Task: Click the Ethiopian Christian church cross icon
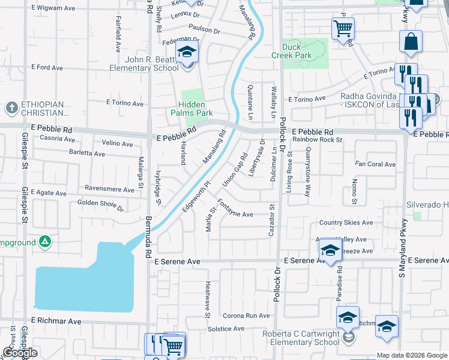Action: coord(11,107)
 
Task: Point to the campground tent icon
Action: coord(44,242)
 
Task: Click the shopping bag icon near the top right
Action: coord(412,43)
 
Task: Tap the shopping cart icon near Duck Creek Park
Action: coord(342,28)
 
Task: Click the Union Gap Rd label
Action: coord(235,169)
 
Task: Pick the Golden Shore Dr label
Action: coord(100,206)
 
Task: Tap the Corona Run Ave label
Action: coord(247,315)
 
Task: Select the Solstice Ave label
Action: coord(226,329)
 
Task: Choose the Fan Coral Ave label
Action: coord(375,164)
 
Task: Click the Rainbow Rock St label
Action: coord(317,140)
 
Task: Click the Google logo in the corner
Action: coord(19,353)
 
